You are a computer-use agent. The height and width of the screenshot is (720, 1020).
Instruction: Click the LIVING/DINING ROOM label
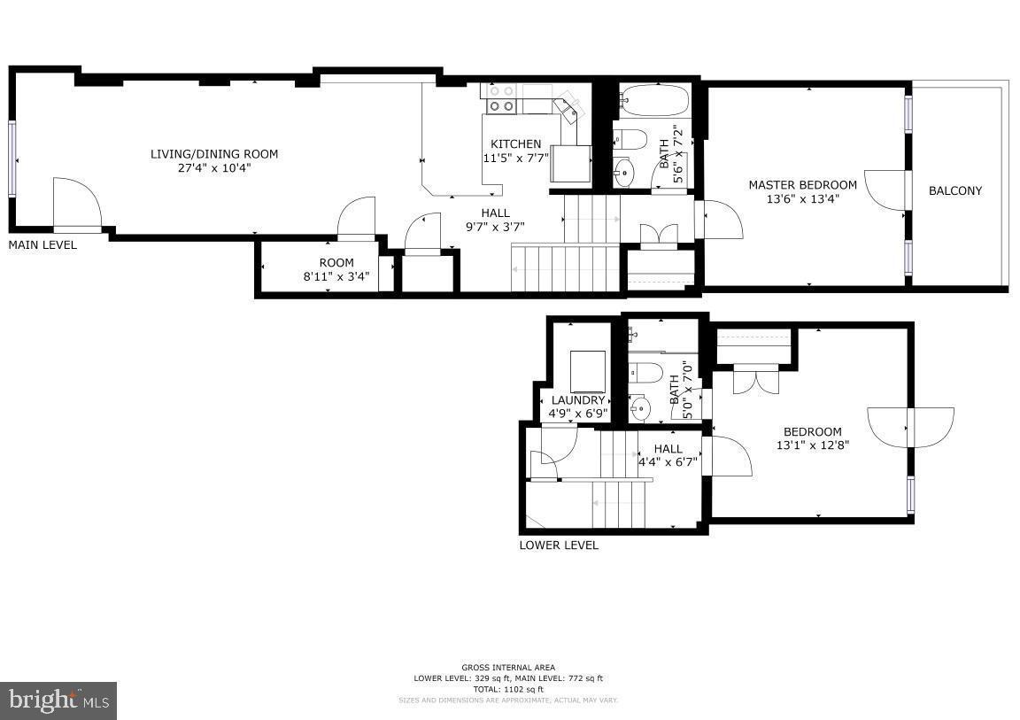click(213, 154)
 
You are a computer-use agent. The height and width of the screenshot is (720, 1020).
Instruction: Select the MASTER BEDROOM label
click(802, 185)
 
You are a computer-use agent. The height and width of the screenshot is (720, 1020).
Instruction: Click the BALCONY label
click(954, 190)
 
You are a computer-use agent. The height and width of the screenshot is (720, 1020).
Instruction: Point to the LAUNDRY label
click(577, 400)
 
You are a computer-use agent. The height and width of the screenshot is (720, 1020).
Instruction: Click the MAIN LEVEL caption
click(42, 244)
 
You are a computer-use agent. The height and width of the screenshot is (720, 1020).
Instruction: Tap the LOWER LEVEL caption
click(558, 545)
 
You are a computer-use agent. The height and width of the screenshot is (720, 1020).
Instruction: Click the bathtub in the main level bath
click(653, 102)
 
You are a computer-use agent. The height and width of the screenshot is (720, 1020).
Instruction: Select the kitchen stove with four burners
click(501, 98)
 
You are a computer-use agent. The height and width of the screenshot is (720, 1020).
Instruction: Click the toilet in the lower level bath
click(644, 372)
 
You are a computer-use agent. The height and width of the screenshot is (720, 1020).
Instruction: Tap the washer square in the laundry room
click(588, 371)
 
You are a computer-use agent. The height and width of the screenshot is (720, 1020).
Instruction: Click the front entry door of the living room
click(77, 203)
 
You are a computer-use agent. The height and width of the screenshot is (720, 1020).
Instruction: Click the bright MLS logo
click(58, 701)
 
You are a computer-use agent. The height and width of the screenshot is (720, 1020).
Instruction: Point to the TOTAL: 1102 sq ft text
click(508, 689)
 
